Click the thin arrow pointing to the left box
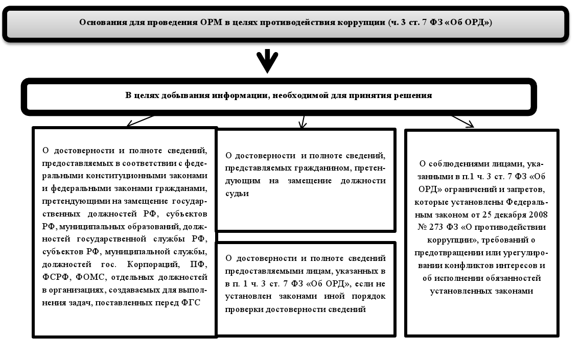(140, 121)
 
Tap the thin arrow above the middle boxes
(303, 122)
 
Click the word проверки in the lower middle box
(243, 308)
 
